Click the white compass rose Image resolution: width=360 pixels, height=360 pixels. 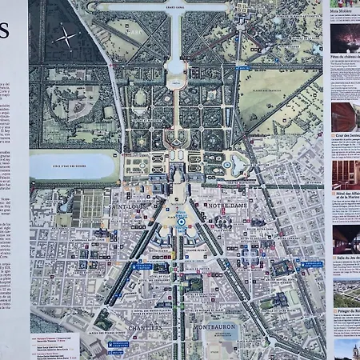pyautogui.click(x=66, y=36)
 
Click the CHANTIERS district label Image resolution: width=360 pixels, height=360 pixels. pyautogui.click(x=144, y=327)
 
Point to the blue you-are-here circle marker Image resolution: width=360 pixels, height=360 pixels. pyautogui.click(x=181, y=218)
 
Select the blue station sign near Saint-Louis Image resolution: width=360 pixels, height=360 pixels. pyautogui.click(x=142, y=266)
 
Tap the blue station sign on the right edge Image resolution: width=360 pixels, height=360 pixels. pyautogui.click(x=313, y=264)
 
